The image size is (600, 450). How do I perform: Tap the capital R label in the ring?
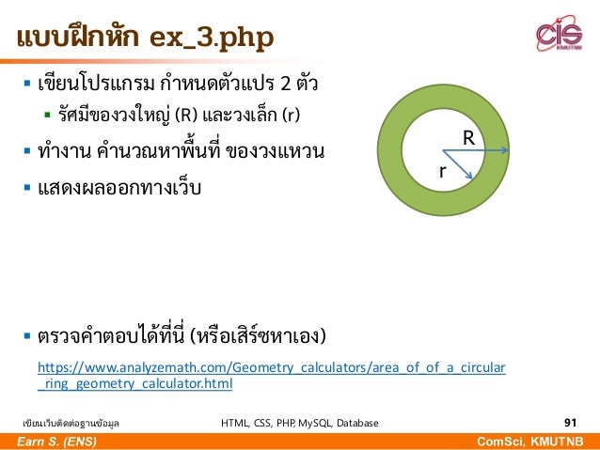(467, 138)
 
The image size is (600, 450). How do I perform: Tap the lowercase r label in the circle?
(442, 172)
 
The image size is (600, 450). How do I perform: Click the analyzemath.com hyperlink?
(271, 375)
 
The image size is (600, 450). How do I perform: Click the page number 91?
(571, 423)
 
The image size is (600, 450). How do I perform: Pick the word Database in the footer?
(355, 424)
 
